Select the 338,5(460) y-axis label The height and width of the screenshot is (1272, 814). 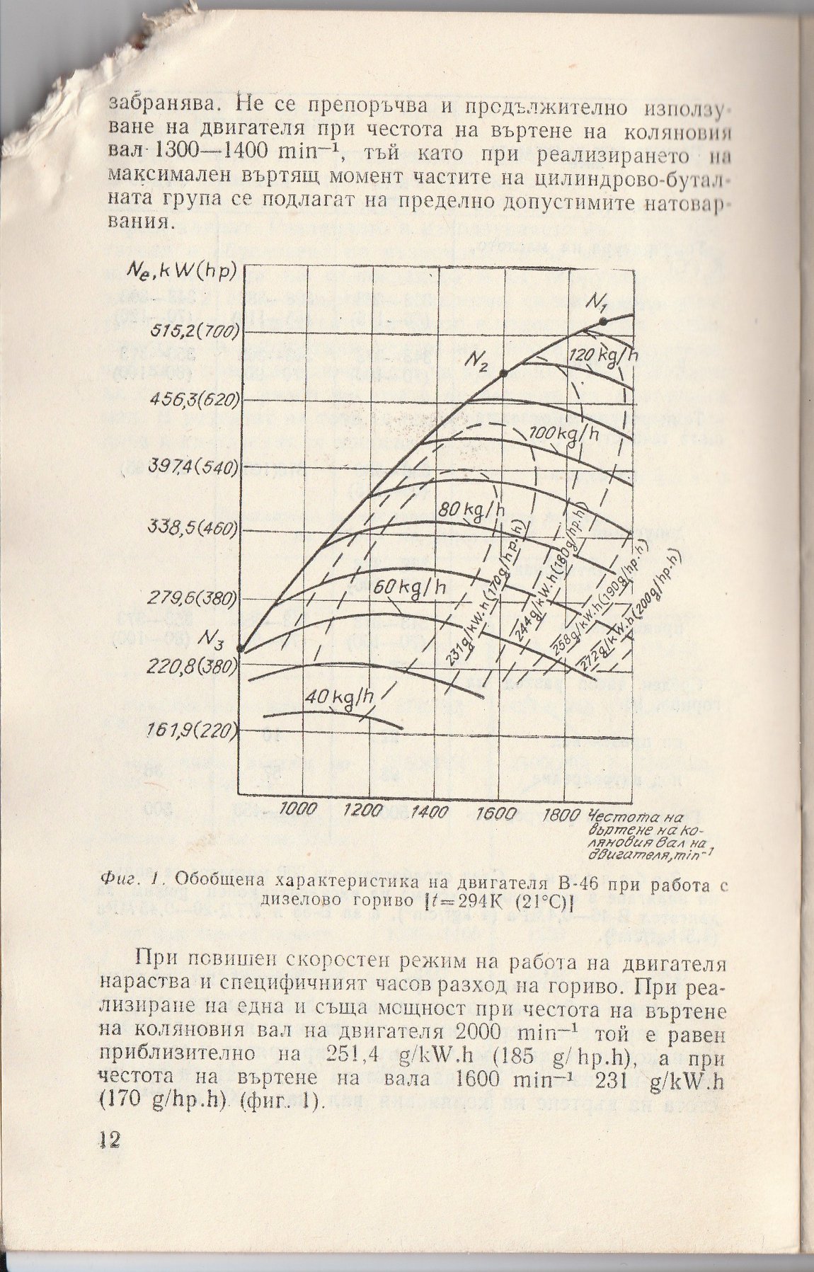tap(191, 529)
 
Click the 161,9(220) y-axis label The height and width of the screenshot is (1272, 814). tap(191, 730)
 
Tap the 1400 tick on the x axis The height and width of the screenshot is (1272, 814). tap(430, 811)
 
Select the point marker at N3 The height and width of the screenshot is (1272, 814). tap(241, 648)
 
